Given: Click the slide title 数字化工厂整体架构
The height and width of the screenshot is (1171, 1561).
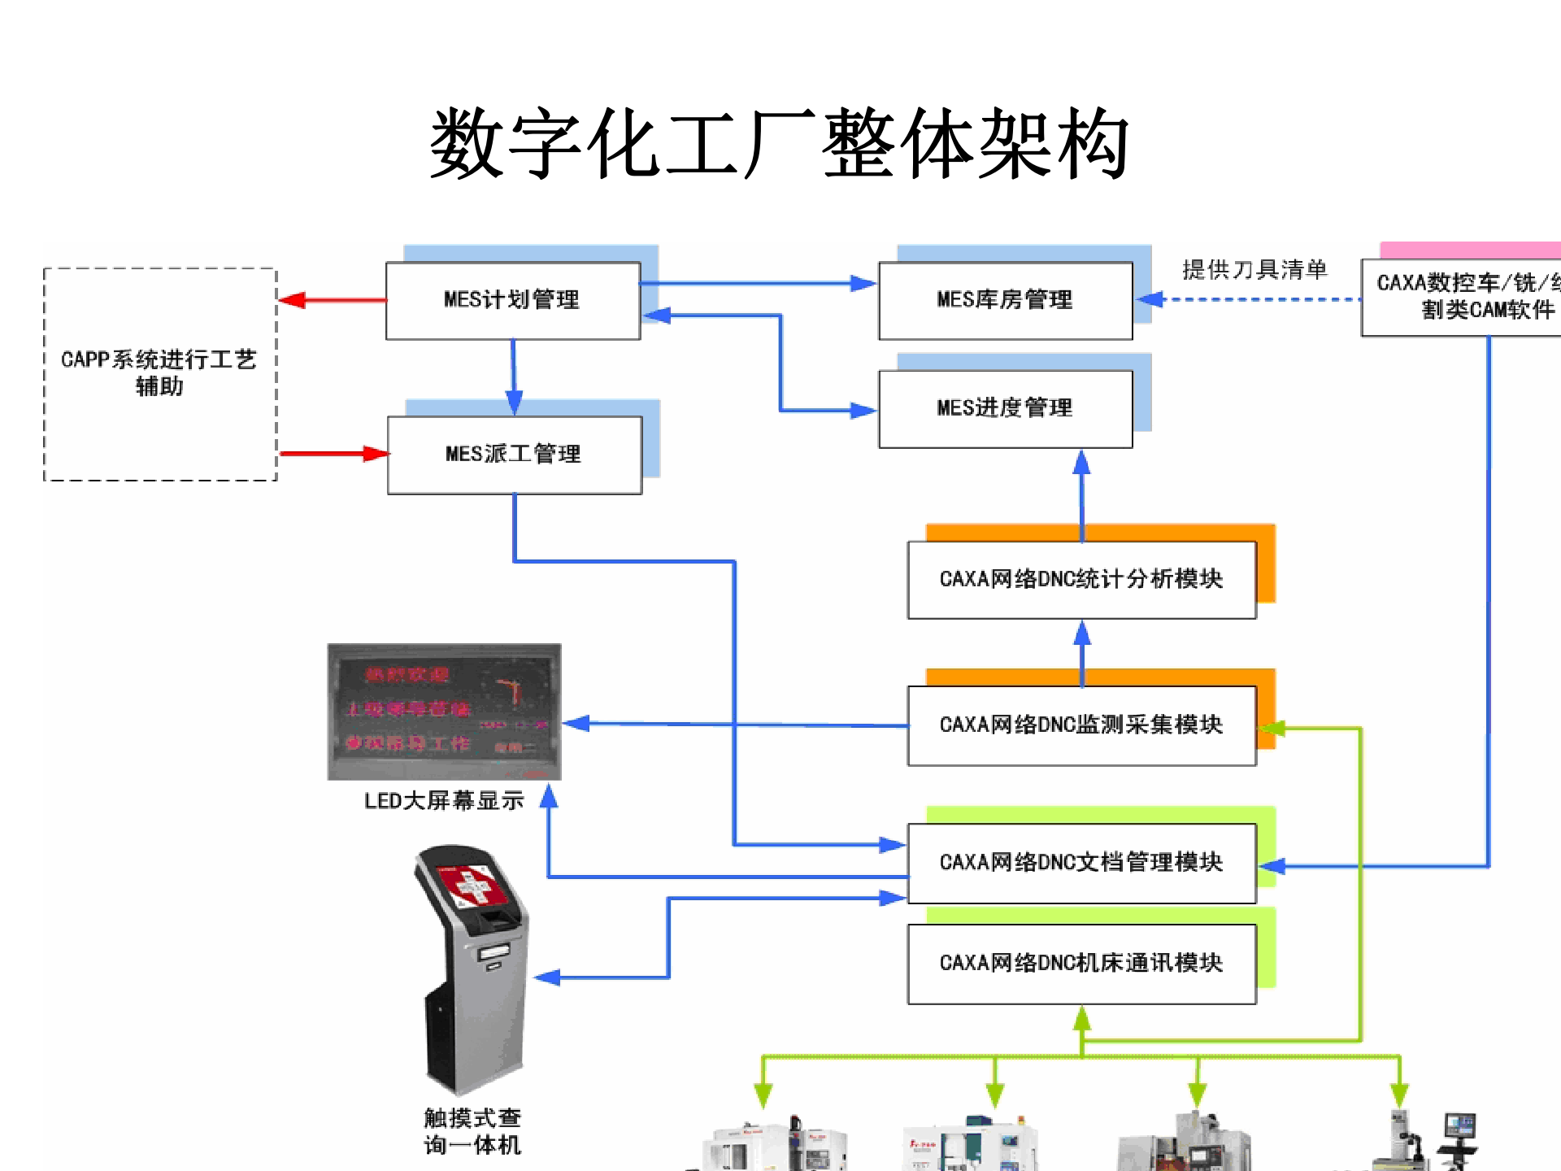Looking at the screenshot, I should (779, 144).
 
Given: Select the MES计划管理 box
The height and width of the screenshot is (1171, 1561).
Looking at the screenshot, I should (512, 300).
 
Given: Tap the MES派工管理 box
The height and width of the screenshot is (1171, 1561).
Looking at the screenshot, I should (514, 455).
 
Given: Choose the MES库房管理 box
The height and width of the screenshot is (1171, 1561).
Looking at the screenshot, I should (1005, 300).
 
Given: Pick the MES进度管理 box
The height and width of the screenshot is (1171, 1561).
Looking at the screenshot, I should (1005, 408).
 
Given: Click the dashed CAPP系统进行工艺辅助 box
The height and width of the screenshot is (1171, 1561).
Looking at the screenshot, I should (159, 373).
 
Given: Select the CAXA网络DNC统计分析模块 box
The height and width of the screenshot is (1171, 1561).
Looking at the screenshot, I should (1081, 579).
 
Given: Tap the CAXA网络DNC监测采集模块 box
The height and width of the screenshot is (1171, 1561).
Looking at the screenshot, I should (1081, 725).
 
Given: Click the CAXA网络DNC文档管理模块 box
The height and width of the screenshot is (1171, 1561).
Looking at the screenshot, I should (1081, 862).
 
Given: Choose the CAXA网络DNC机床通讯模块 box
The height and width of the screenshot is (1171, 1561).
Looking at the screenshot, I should (1081, 963).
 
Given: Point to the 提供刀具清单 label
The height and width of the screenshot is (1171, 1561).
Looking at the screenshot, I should (1254, 270).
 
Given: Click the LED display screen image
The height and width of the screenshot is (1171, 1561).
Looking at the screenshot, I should (444, 712).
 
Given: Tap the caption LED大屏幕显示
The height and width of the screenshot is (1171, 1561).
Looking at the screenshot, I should (444, 801).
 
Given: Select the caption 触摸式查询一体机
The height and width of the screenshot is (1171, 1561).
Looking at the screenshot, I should (472, 1131).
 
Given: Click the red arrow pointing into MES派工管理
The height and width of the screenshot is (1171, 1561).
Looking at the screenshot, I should (333, 454).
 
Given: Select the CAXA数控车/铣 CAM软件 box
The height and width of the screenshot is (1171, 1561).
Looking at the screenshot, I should (1463, 296).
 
